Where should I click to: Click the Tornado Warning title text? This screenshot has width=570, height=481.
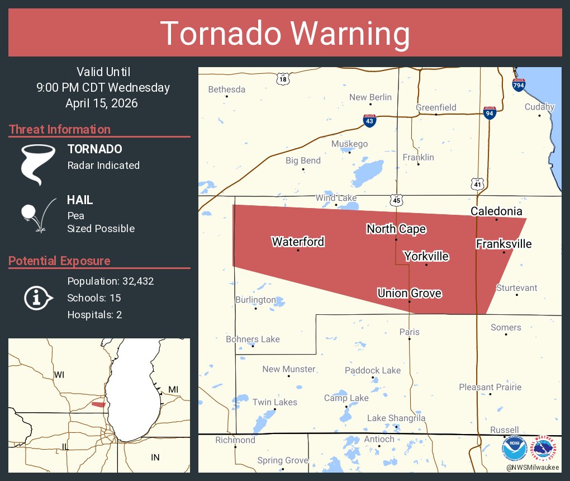tap(285, 34)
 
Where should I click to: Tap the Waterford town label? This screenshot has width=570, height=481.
tap(298, 242)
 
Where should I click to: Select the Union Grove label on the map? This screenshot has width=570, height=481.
tap(410, 293)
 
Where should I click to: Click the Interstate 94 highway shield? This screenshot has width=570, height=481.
tap(490, 112)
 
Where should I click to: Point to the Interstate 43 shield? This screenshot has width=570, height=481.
tap(369, 120)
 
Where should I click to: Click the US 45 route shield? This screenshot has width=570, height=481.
tap(396, 200)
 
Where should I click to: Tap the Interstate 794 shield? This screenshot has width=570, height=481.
tap(519, 84)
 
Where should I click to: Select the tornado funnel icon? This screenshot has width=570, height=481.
tap(38, 164)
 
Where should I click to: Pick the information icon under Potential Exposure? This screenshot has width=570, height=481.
tap(37, 298)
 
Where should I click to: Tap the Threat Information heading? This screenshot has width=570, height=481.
tap(60, 129)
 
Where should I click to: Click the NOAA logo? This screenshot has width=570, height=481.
tap(514, 449)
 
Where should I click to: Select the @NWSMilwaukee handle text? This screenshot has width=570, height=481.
tap(533, 467)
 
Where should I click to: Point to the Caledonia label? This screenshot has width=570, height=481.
tap(496, 211)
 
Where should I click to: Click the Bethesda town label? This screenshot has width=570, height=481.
tap(226, 89)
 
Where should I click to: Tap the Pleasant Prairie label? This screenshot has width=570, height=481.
tap(490, 387)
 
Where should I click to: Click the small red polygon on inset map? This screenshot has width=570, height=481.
tap(98, 404)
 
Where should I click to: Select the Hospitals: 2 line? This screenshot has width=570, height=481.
tap(94, 314)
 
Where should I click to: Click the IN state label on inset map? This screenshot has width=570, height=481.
tap(155, 458)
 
